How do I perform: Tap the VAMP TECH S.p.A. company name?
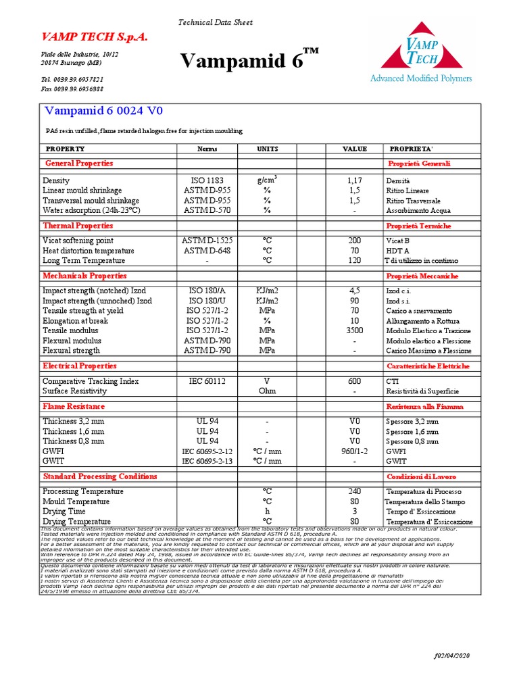pyautogui.click(x=95, y=37)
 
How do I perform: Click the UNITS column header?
pyautogui.click(x=267, y=149)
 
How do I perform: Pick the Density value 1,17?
pyautogui.click(x=354, y=181)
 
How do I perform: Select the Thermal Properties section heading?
pyautogui.click(x=77, y=226)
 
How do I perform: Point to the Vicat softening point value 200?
pyautogui.click(x=354, y=241)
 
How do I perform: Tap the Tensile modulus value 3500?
pyautogui.click(x=354, y=331)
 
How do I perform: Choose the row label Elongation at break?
pyautogui.click(x=76, y=321)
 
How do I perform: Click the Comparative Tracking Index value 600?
pyautogui.click(x=354, y=381)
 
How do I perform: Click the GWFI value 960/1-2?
pyautogui.click(x=354, y=451)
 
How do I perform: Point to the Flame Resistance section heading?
pyautogui.click(x=74, y=406)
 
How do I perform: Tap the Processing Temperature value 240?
pyautogui.click(x=354, y=491)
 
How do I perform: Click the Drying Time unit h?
pyautogui.click(x=267, y=512)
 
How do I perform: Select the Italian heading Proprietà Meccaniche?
pyautogui.click(x=422, y=276)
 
